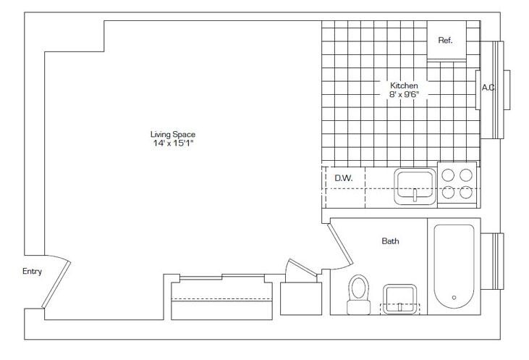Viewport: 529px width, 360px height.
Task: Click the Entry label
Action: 32,271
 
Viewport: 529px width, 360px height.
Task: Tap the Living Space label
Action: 173,134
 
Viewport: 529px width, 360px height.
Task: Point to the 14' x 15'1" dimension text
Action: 173,143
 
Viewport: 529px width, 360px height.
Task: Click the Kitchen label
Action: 404,85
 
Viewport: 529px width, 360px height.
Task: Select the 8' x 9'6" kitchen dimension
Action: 404,94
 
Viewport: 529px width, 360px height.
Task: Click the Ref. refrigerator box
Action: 447,40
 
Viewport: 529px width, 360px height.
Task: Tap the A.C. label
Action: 488,88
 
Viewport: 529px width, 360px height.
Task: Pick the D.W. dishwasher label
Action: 344,178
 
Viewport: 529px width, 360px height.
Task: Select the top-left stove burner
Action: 448,175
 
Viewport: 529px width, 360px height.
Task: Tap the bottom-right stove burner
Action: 466,192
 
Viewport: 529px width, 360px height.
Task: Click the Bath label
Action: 390,241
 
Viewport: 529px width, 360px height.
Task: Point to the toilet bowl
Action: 358,288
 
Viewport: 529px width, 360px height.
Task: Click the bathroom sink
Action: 399,299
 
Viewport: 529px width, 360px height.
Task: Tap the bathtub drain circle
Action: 454,298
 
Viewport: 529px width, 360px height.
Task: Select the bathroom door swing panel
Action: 340,245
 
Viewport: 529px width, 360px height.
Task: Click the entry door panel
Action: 56,284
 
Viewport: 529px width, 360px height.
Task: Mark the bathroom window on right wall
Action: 493,261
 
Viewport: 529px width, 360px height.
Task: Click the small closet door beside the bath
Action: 301,268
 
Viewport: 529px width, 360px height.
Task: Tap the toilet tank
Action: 359,307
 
